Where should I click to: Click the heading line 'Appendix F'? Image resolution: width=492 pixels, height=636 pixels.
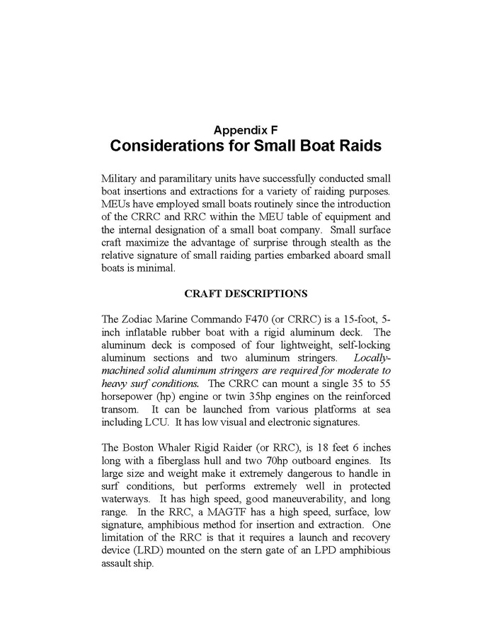[x=246, y=129]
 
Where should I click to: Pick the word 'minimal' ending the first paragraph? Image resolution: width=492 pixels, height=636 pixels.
[x=156, y=268]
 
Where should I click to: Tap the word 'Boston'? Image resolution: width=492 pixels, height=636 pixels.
[x=144, y=450]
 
